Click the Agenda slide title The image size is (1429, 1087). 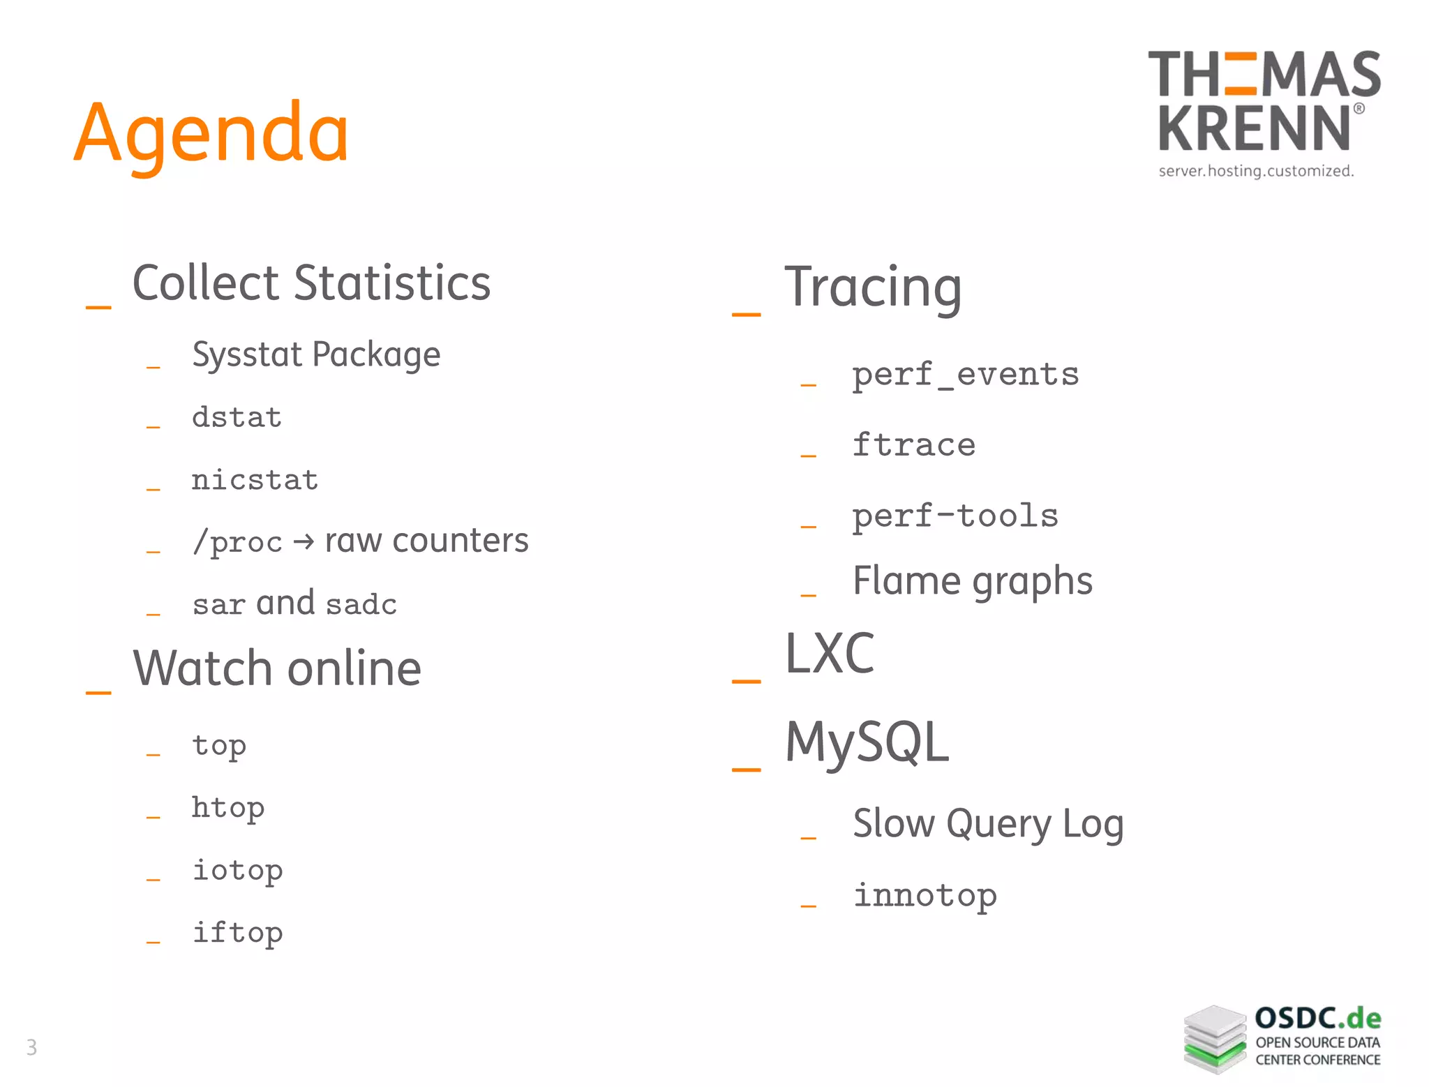coord(211,133)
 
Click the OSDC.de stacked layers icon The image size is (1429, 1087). coord(1215,1039)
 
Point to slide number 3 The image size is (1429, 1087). coord(31,1047)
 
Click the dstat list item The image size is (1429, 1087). coord(237,417)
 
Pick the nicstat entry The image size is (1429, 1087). coord(255,480)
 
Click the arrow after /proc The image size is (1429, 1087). coord(304,541)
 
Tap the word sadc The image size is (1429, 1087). coord(361,604)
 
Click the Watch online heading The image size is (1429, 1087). coord(277,668)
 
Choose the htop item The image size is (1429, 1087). coord(228,808)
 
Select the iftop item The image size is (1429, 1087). coord(237,933)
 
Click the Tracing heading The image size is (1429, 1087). coord(873,287)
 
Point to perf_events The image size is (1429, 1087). coord(965,375)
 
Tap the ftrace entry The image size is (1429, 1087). coord(913,445)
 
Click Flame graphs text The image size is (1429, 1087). coord(972,581)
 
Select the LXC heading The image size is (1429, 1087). coord(830,654)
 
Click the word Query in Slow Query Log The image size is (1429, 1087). coord(998,824)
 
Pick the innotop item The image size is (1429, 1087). coord(925,895)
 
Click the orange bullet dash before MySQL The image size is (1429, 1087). coord(746,770)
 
